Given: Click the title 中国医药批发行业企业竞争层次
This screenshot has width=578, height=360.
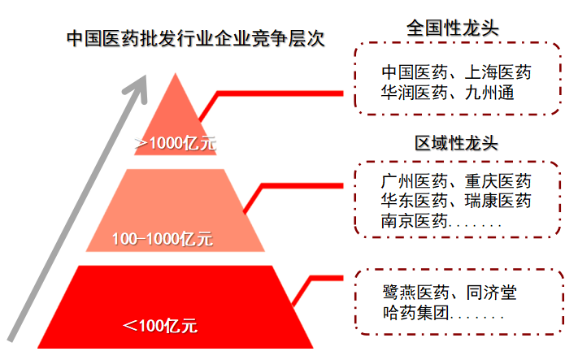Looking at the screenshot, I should [x=196, y=38].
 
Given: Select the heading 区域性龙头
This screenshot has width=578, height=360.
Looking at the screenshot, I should [x=456, y=144].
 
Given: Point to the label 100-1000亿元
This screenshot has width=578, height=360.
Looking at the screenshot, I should [x=162, y=239].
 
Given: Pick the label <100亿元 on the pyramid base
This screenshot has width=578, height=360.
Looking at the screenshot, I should [x=160, y=326].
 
